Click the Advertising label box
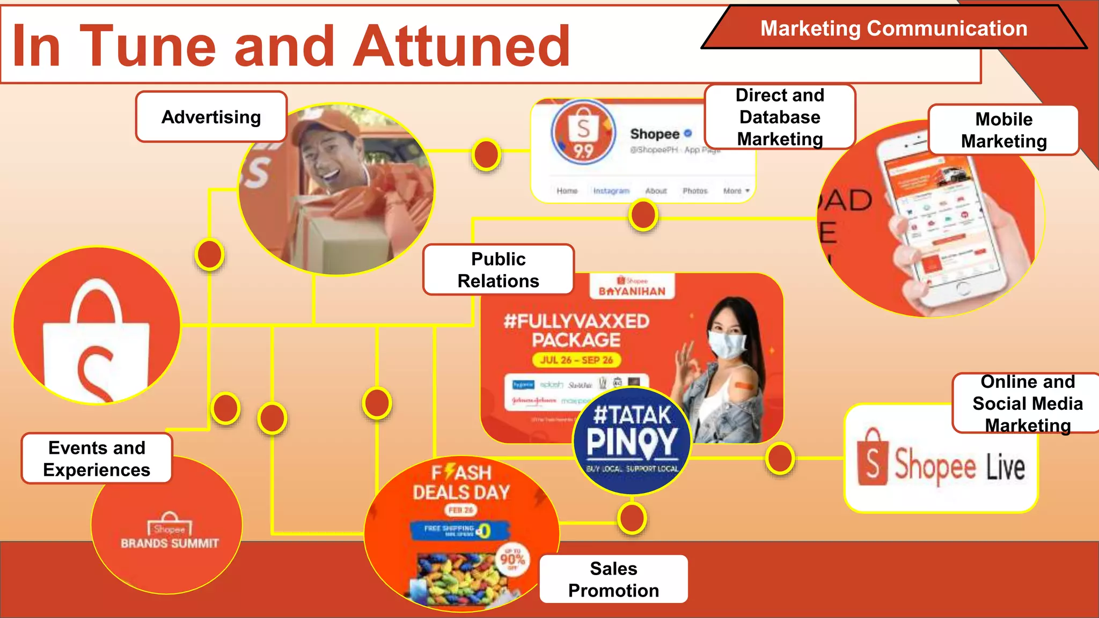(211, 117)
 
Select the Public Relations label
(498, 270)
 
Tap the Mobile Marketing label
(1003, 130)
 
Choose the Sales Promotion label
(613, 579)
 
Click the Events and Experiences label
(97, 459)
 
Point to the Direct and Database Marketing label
(780, 117)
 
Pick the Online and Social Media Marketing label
(1027, 403)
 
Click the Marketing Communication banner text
(893, 28)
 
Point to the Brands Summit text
(170, 543)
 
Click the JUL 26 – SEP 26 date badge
(576, 360)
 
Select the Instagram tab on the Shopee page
(611, 191)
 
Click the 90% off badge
(512, 560)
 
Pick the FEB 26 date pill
(461, 510)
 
